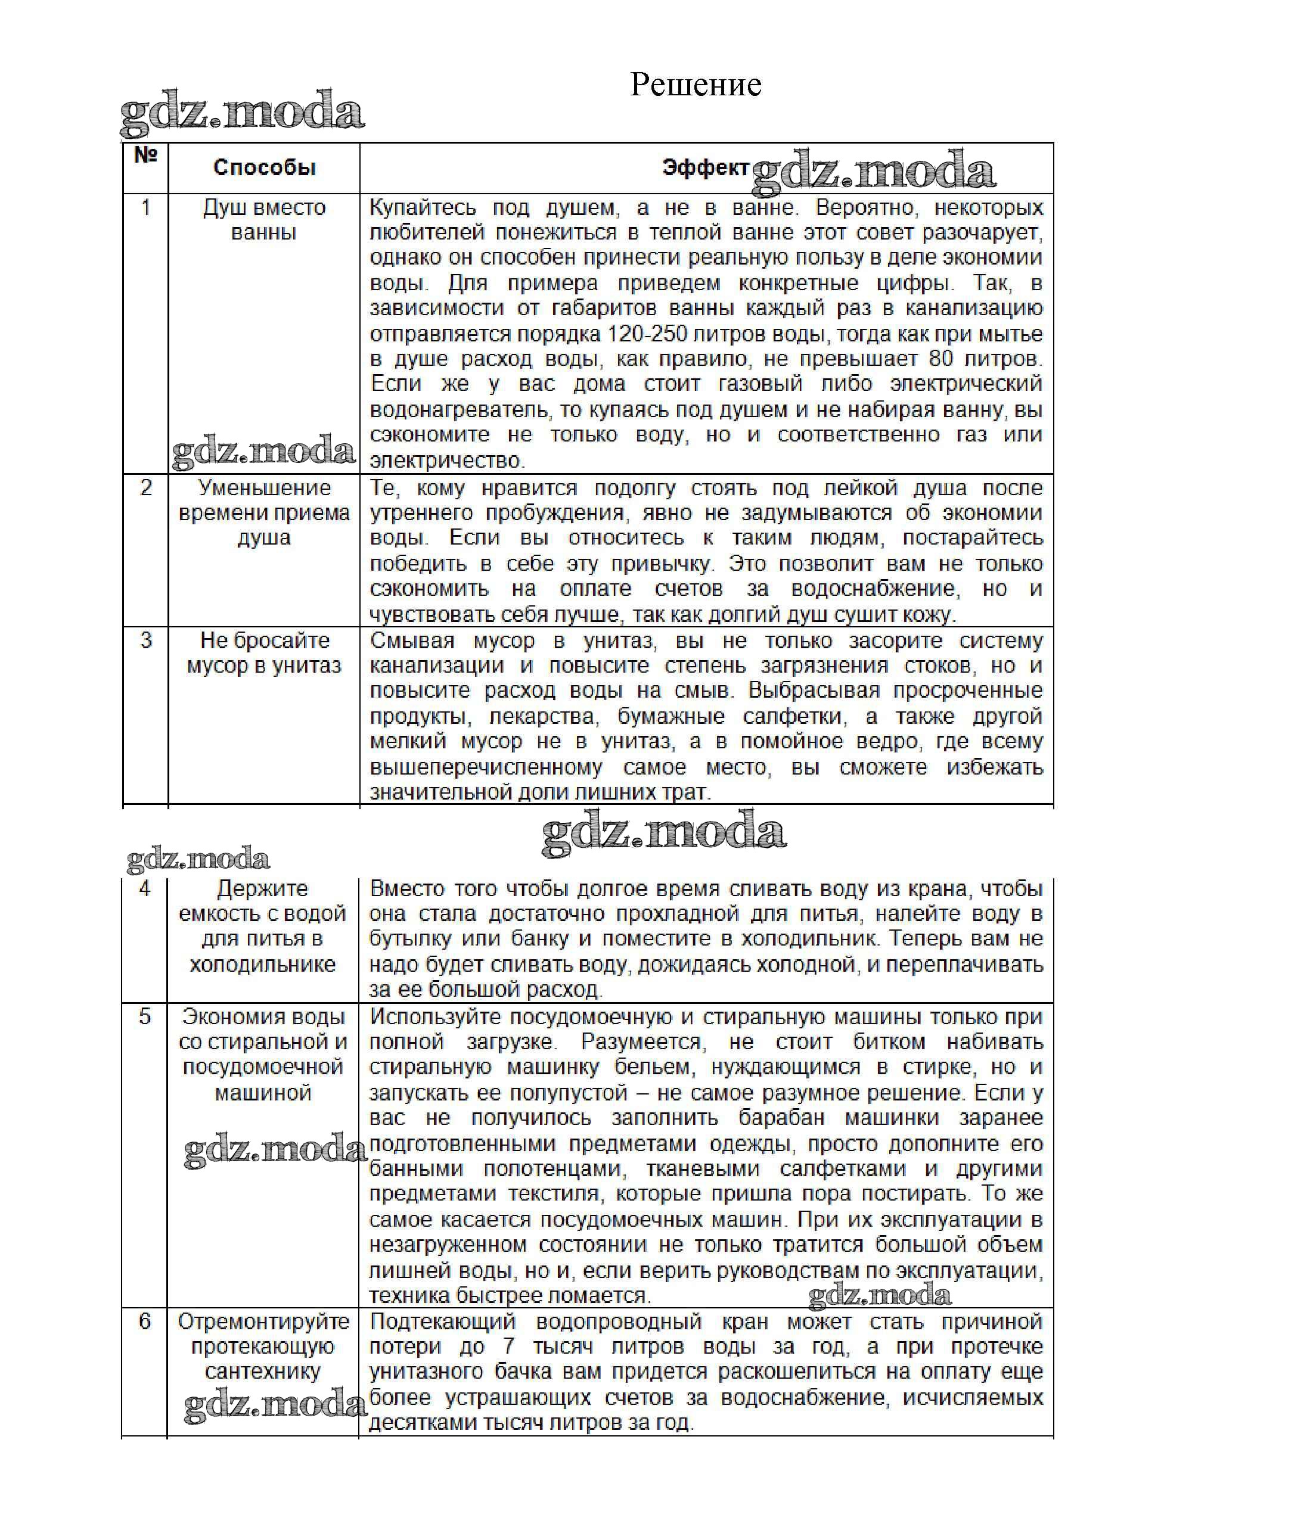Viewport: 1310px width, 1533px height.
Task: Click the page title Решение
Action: coord(695,85)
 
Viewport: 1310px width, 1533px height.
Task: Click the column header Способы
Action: coord(264,168)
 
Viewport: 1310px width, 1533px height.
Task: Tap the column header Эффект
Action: coord(705,168)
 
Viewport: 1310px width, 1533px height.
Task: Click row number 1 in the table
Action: coord(146,207)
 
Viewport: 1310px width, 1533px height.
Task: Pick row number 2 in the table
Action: coord(146,487)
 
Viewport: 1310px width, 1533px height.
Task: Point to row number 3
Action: coord(146,640)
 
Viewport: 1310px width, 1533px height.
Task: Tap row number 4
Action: coord(145,888)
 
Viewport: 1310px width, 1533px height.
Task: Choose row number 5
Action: coord(145,1016)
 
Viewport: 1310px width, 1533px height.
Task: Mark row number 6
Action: coord(145,1321)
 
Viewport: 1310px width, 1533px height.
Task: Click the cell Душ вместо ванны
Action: coord(264,220)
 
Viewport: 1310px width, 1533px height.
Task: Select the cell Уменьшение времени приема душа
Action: coord(264,513)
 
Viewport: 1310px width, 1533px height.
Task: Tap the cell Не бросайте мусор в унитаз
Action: coord(264,652)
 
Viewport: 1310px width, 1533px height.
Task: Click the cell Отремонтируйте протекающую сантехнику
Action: coord(263,1346)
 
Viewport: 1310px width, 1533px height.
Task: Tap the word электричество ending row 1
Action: coord(446,460)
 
